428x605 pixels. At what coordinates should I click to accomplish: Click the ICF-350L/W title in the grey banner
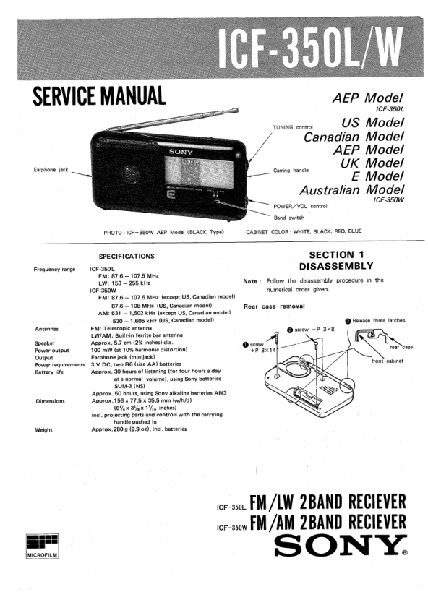(x=311, y=48)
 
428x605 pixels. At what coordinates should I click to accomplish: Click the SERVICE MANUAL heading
(x=99, y=96)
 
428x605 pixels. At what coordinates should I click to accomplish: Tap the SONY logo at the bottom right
(x=341, y=545)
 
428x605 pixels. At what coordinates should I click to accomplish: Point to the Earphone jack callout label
(x=51, y=170)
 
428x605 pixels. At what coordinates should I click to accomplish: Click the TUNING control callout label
(x=293, y=127)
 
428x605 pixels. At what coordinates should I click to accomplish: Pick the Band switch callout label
(x=289, y=218)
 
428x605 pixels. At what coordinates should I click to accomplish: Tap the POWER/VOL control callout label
(x=300, y=206)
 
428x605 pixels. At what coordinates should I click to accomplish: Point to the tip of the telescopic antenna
(x=237, y=110)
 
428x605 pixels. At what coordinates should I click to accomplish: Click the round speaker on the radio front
(x=131, y=174)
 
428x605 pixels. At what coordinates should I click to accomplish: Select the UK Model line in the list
(x=372, y=163)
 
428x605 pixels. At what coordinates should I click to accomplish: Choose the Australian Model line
(x=352, y=190)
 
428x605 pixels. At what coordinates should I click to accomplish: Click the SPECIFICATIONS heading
(x=127, y=256)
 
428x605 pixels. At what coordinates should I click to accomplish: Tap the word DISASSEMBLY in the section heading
(x=336, y=266)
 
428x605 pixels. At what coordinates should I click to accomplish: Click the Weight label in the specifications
(x=43, y=430)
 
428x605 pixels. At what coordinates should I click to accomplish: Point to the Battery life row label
(x=49, y=372)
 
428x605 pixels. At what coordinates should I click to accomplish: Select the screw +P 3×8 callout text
(x=311, y=330)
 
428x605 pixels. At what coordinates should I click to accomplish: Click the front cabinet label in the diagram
(x=387, y=361)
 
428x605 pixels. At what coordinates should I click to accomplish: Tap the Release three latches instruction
(x=376, y=321)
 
